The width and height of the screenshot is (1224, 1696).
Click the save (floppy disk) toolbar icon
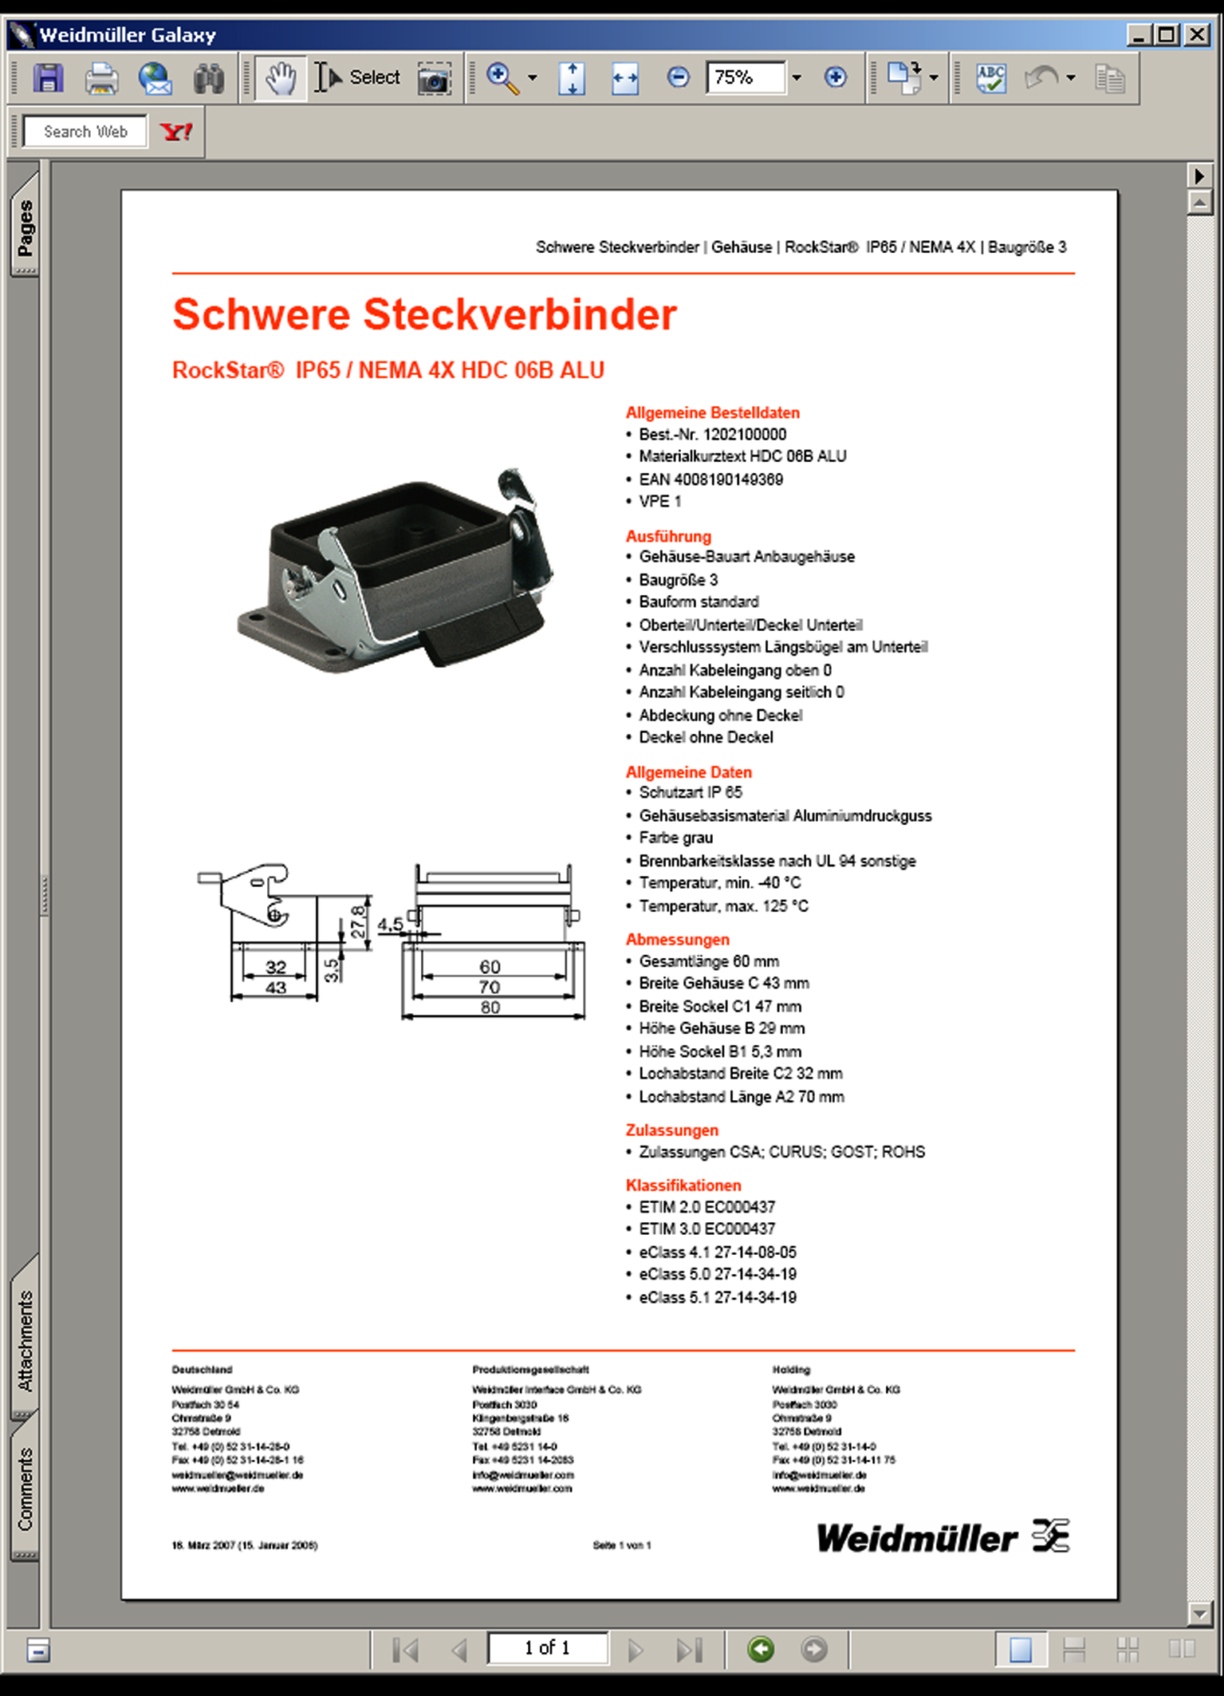tap(48, 78)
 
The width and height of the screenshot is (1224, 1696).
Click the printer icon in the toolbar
tap(101, 78)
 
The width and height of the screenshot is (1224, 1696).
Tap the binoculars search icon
tap(209, 78)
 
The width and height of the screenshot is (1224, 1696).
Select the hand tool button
tap(281, 78)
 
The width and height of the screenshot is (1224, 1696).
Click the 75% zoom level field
tap(745, 77)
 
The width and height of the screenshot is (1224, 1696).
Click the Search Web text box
tap(85, 132)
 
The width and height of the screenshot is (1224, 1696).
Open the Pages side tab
tap(26, 227)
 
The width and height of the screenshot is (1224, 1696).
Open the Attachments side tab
tap(26, 1340)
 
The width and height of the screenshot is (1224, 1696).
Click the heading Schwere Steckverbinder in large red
tap(424, 314)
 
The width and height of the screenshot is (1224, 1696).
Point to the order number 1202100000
tap(744, 435)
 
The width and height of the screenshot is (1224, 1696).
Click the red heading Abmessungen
tap(677, 940)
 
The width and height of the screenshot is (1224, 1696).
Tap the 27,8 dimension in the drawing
tap(358, 921)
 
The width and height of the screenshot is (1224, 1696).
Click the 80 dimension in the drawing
tap(490, 1008)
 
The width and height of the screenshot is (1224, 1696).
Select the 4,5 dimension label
tap(390, 925)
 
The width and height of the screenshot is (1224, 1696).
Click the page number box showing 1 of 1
tap(548, 1647)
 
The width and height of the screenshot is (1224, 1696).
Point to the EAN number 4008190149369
tap(728, 479)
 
